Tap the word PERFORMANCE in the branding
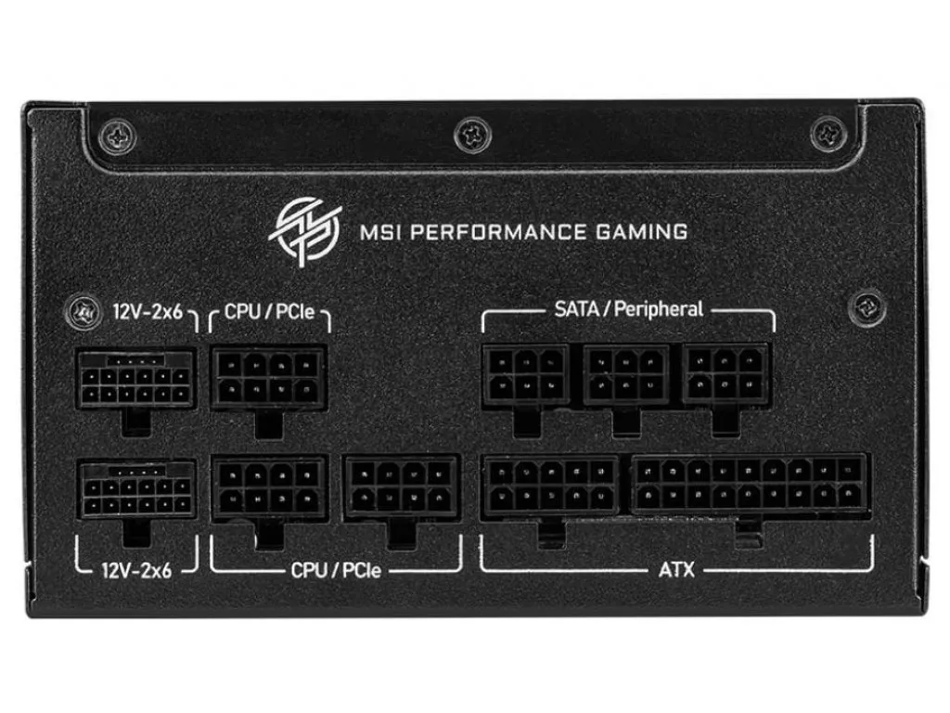tap(498, 232)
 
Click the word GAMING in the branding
tap(642, 232)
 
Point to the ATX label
tap(676, 570)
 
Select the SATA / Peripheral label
tap(628, 309)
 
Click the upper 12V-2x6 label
tap(148, 312)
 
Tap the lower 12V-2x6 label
tap(136, 571)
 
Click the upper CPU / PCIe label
tap(270, 312)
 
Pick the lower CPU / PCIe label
tap(336, 571)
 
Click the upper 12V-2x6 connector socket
tap(136, 380)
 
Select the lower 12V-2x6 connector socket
tap(137, 489)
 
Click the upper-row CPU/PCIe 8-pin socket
tap(269, 377)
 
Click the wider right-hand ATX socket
tap(750, 483)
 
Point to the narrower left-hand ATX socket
tap(550, 485)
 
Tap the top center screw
tap(472, 135)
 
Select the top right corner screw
tap(828, 135)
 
